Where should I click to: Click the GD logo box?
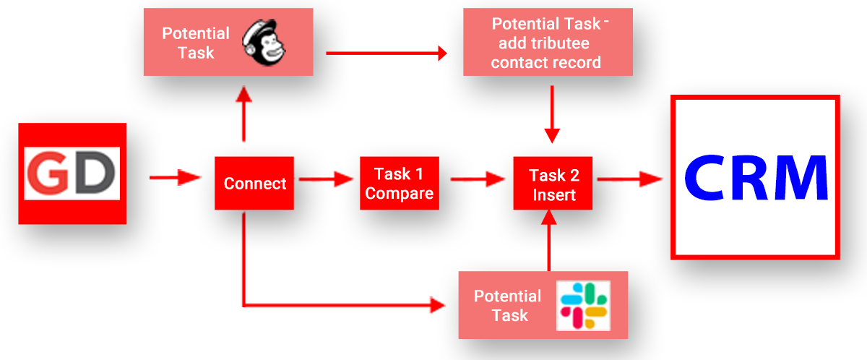(72, 173)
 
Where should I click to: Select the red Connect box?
(254, 184)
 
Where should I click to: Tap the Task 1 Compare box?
(399, 184)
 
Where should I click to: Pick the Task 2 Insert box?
(553, 184)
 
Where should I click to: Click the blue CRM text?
(756, 177)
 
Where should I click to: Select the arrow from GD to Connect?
(174, 176)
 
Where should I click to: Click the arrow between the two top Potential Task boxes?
(387, 52)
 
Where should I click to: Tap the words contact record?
(545, 62)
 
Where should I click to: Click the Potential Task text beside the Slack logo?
(507, 305)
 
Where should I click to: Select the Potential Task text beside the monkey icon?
(195, 43)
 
